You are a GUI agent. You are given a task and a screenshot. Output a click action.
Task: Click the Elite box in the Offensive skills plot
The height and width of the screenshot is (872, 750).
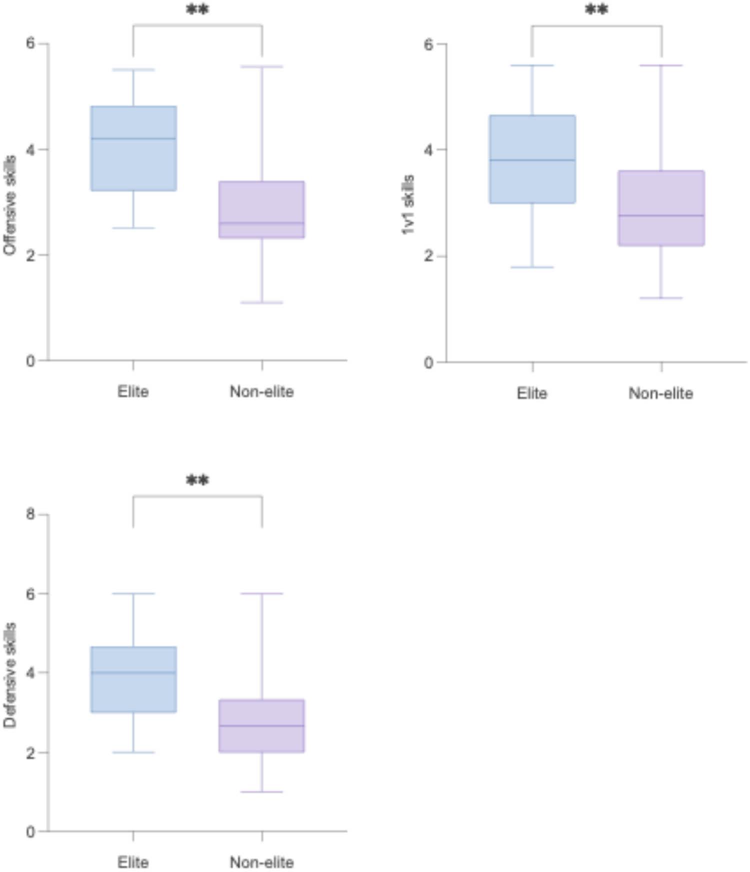pos(133,148)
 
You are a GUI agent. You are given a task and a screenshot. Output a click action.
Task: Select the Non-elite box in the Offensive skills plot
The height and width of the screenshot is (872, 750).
pos(262,209)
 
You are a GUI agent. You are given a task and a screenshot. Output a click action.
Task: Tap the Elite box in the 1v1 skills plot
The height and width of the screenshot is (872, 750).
pos(532,159)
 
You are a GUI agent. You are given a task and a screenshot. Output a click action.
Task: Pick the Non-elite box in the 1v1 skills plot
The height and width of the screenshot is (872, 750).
pos(661,208)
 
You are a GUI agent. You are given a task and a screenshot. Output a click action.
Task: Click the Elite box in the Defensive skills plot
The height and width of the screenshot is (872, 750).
pos(133,679)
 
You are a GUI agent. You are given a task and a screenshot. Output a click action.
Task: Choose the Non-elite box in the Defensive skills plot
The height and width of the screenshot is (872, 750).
pos(262,725)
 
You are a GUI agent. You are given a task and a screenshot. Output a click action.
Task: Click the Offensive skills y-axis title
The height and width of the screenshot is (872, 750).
pos(10,205)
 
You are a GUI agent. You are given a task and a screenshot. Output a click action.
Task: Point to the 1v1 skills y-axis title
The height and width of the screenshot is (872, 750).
pos(408,205)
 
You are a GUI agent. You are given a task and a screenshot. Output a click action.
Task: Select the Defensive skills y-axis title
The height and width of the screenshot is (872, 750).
pos(10,675)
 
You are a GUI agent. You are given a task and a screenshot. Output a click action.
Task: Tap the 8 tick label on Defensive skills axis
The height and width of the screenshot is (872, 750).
pos(31,514)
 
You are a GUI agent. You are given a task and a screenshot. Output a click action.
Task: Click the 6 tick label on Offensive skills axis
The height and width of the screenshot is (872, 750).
pos(31,44)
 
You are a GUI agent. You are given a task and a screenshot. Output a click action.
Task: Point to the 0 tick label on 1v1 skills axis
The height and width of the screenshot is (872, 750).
pos(428,363)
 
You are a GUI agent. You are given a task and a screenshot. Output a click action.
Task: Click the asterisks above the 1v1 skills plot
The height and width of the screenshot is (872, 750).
pos(596,10)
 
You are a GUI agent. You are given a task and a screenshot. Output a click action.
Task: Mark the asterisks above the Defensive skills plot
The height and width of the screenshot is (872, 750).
pos(197,481)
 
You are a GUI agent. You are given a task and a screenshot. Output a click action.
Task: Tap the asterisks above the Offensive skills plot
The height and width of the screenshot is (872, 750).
pos(197,10)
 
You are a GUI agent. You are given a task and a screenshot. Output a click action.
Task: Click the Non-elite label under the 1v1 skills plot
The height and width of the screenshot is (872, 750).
pos(660,394)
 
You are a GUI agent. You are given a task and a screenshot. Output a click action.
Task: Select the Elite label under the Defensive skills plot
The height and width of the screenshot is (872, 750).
pos(133,862)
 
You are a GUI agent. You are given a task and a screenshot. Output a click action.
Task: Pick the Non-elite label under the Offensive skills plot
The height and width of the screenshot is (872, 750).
pos(261,392)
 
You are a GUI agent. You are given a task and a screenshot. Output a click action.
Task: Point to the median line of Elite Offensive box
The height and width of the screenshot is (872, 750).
pos(133,138)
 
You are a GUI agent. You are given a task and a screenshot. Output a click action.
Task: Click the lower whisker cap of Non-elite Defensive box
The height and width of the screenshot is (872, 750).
pos(262,792)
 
